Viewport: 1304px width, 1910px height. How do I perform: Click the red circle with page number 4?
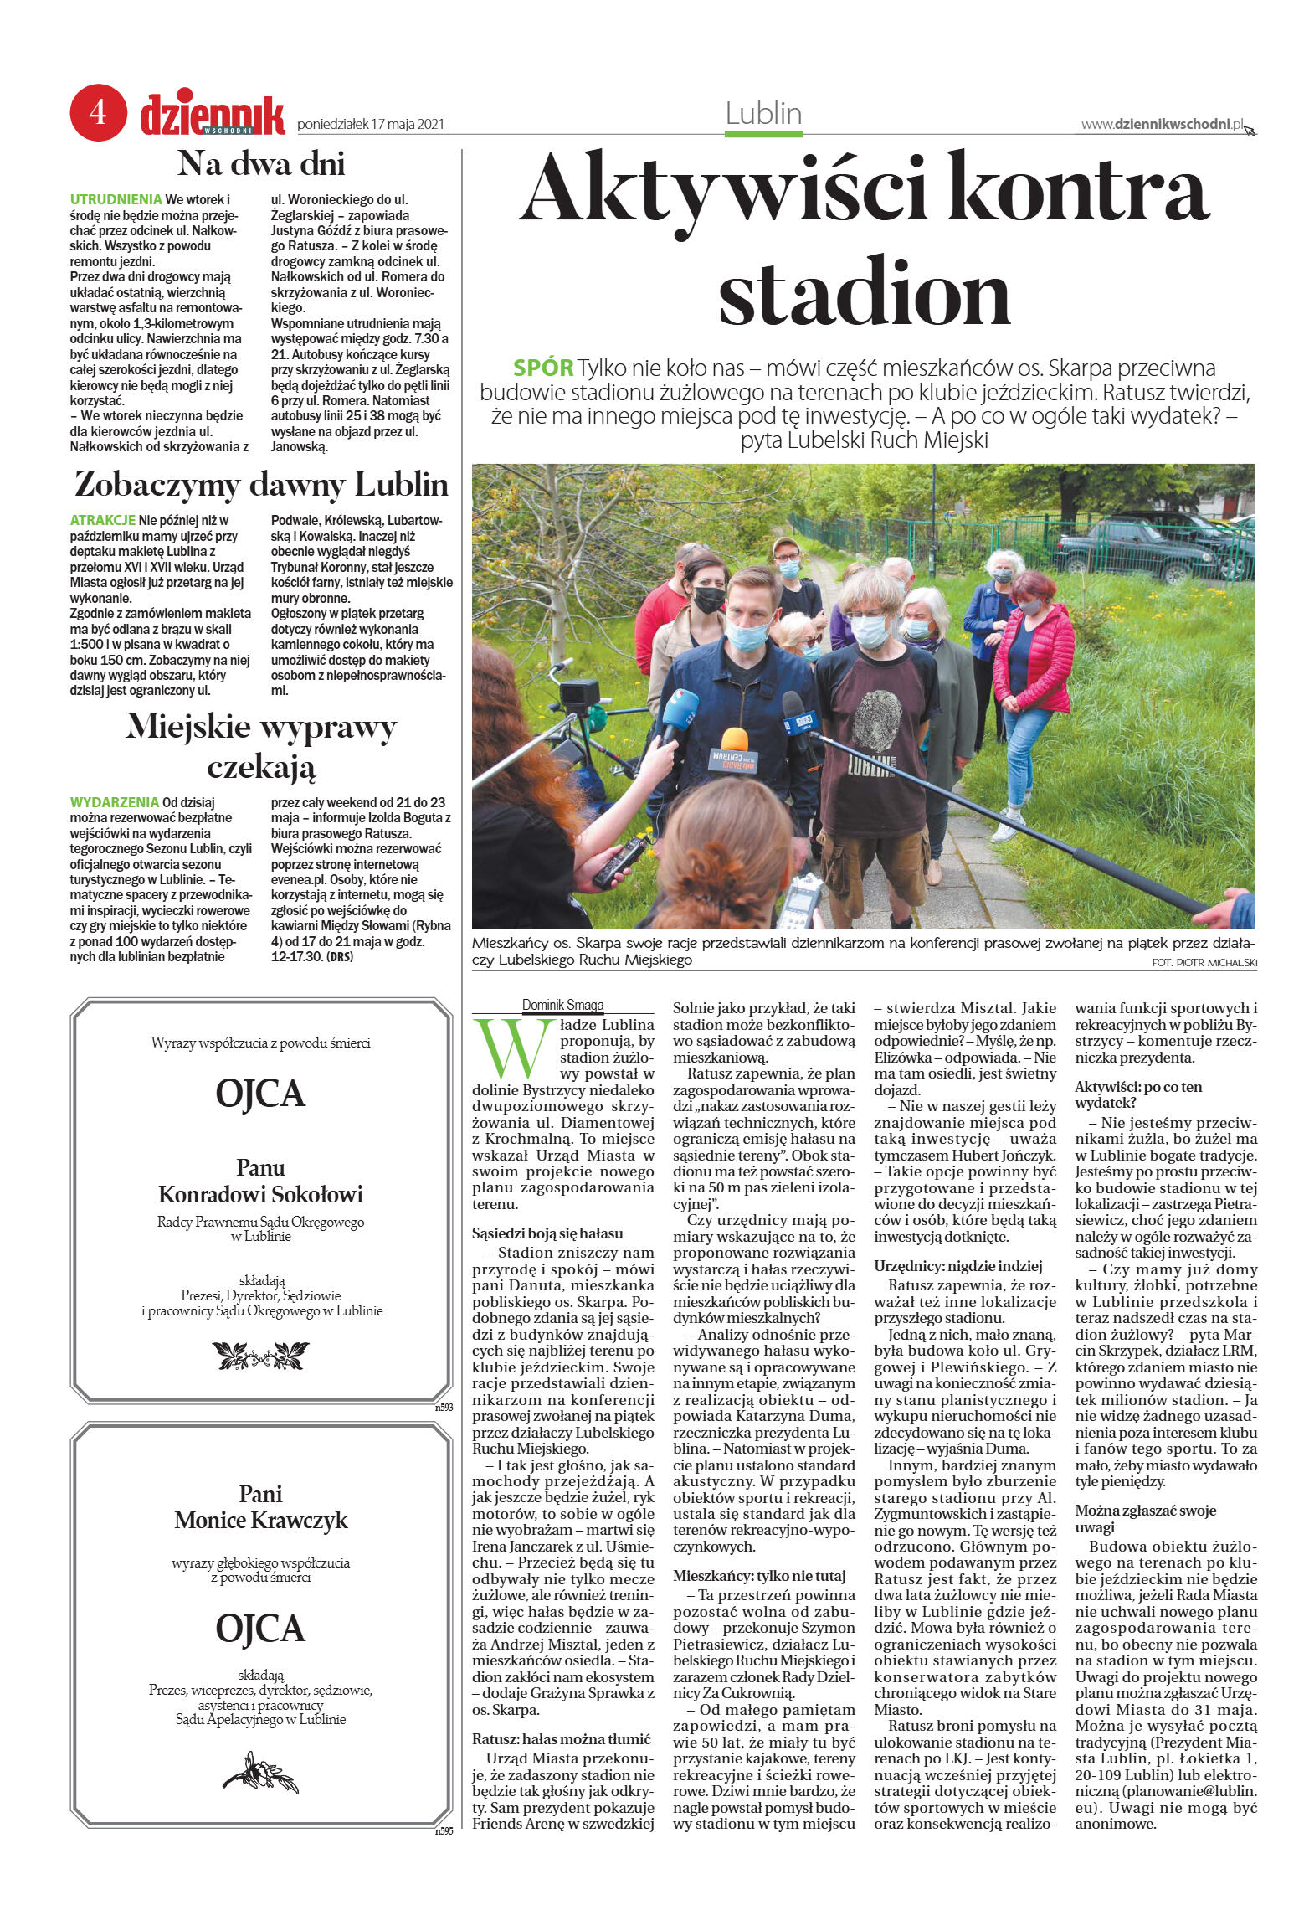[98, 112]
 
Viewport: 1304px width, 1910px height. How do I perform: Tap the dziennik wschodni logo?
[213, 116]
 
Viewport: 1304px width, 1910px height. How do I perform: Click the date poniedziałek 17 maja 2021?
[370, 125]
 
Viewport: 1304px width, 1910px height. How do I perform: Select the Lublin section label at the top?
[763, 114]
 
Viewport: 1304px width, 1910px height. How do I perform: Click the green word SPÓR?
[542, 368]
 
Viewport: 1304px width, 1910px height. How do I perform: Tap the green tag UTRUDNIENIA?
[116, 199]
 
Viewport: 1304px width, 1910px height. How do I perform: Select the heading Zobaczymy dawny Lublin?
[261, 485]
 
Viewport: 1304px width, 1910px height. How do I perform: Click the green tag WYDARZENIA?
[114, 802]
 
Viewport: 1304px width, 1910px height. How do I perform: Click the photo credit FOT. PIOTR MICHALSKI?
[1204, 963]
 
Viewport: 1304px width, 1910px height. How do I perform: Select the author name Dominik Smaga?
[562, 1005]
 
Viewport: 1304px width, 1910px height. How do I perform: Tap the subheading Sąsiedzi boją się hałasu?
[547, 1233]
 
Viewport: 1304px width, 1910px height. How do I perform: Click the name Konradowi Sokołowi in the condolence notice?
[260, 1194]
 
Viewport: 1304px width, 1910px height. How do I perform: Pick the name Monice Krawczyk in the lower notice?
[260, 1520]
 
